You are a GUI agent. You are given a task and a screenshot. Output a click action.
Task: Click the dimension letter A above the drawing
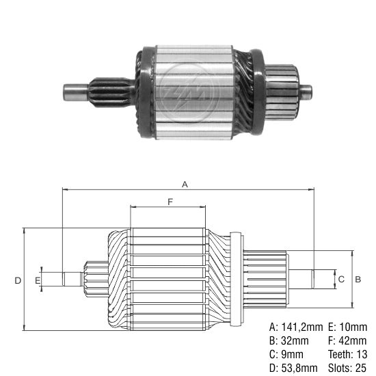(x=185, y=184)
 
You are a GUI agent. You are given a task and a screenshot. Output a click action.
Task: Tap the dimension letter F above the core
(x=170, y=202)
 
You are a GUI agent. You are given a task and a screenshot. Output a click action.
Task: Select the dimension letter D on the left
(x=18, y=280)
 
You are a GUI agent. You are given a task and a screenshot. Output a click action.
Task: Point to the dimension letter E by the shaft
(x=38, y=280)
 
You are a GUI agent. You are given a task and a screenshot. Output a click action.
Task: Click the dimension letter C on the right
(x=341, y=279)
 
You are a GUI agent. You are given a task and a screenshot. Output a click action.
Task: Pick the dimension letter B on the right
(x=358, y=279)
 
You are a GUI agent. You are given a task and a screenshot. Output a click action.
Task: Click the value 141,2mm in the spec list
(x=302, y=327)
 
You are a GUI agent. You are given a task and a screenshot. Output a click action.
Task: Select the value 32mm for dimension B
(x=295, y=340)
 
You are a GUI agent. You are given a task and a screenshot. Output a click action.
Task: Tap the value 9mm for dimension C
(x=292, y=354)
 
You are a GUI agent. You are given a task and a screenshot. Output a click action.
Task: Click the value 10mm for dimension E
(x=353, y=327)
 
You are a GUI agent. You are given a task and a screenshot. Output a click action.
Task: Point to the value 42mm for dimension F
(x=353, y=340)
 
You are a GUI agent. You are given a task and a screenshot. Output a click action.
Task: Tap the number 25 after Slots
(x=360, y=368)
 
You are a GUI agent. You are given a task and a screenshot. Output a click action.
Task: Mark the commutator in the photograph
(x=282, y=92)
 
